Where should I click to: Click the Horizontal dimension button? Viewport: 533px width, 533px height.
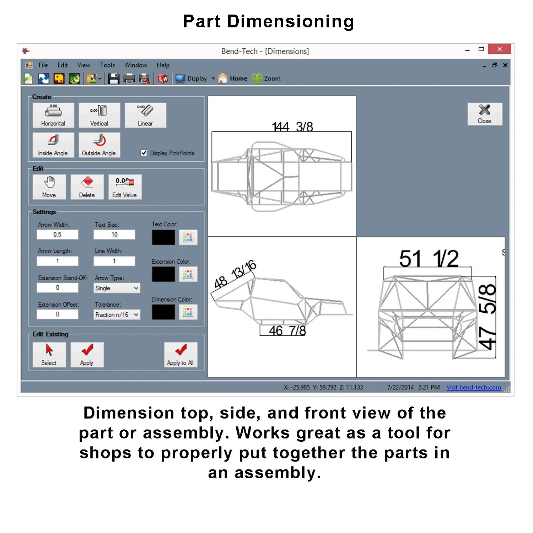pyautogui.click(x=53, y=115)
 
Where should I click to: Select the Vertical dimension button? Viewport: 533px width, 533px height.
pyautogui.click(x=99, y=115)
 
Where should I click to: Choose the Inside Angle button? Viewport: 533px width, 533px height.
pyautogui.click(x=53, y=145)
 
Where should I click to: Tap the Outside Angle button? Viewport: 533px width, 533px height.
pyautogui.click(x=99, y=145)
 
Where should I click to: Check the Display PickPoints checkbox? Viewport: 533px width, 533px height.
pyautogui.click(x=144, y=153)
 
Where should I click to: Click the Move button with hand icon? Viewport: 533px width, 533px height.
pyautogui.click(x=49, y=187)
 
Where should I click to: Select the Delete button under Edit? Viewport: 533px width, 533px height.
pyautogui.click(x=87, y=187)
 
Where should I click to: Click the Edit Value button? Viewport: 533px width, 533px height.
pyautogui.click(x=125, y=187)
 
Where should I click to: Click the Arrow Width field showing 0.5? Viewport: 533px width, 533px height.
pyautogui.click(x=58, y=235)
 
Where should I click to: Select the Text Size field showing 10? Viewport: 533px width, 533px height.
pyautogui.click(x=114, y=235)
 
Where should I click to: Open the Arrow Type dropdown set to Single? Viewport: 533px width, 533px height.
pyautogui.click(x=117, y=288)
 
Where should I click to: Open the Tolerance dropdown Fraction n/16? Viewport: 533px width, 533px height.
pyautogui.click(x=117, y=314)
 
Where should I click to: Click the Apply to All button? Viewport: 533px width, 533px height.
pyautogui.click(x=181, y=354)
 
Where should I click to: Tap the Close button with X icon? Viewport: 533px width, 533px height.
pyautogui.click(x=485, y=114)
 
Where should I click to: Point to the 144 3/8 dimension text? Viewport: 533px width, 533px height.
pyautogui.click(x=292, y=127)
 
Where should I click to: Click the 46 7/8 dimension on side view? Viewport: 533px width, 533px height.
pyautogui.click(x=287, y=331)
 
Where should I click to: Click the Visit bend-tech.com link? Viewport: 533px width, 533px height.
pyautogui.click(x=474, y=387)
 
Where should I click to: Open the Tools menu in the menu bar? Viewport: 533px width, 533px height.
pyautogui.click(x=107, y=65)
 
